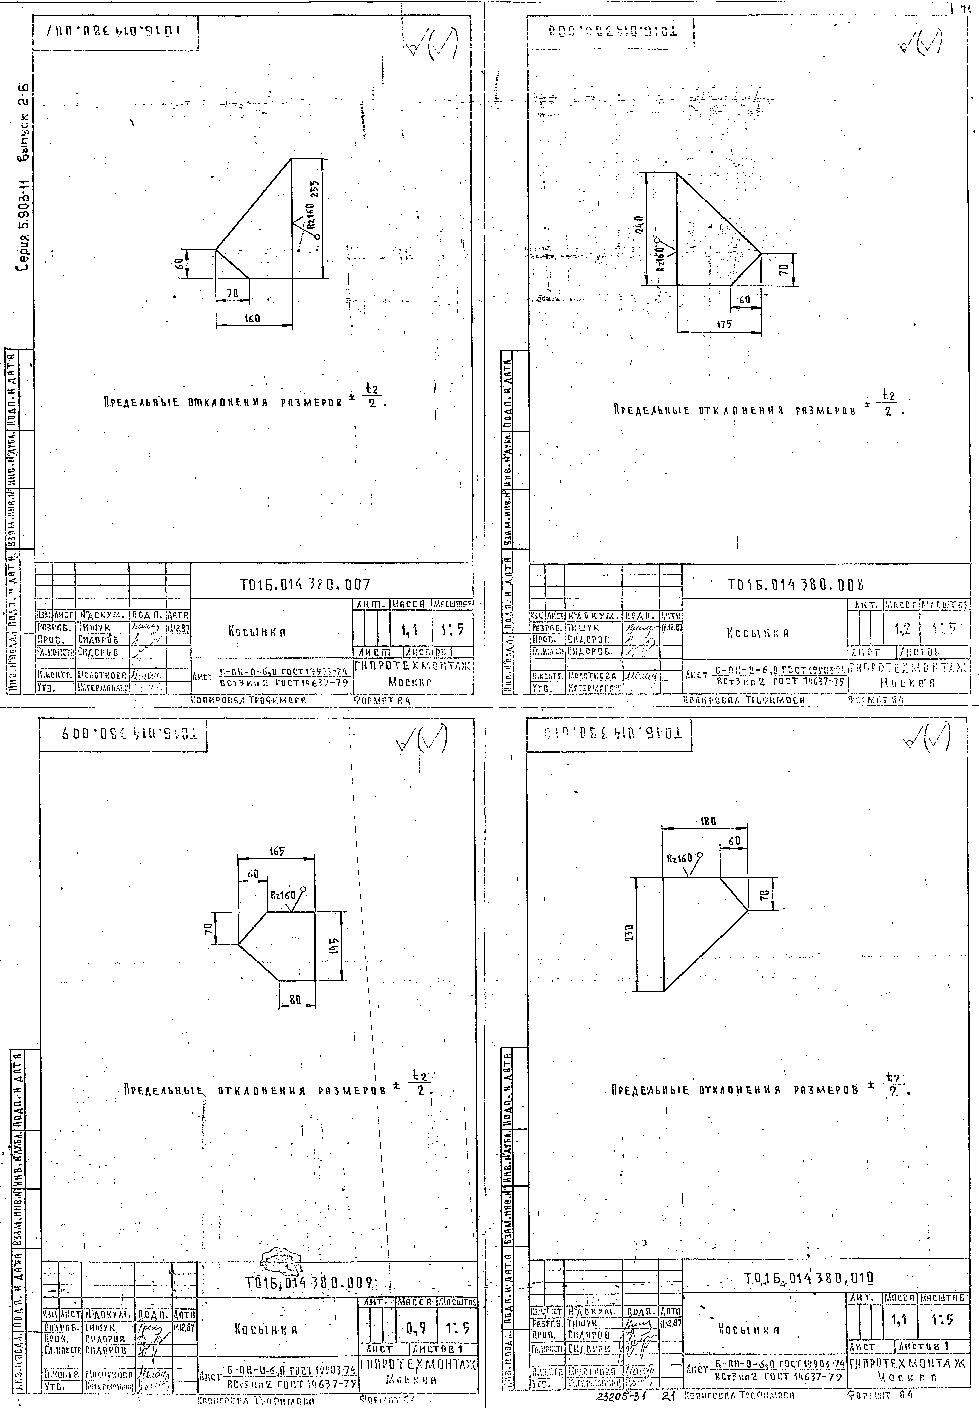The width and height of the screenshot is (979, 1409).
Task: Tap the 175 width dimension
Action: (x=724, y=325)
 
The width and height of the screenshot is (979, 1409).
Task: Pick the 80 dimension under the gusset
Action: (x=296, y=999)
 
